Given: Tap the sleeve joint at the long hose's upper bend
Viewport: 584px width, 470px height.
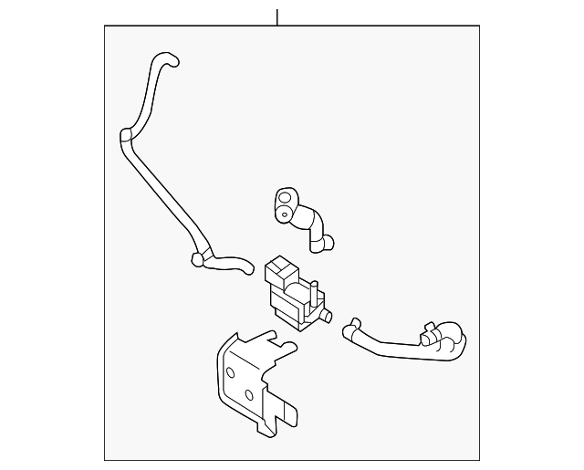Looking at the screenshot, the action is [x=127, y=139].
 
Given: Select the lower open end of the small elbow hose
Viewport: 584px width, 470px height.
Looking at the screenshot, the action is [x=328, y=244].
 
